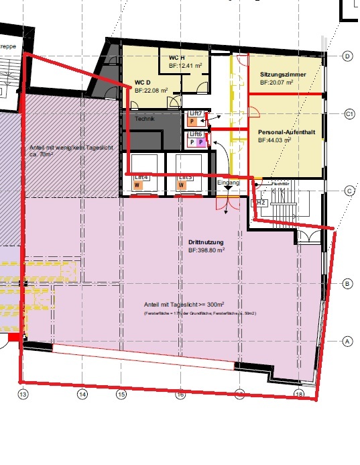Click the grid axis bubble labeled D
(347, 56)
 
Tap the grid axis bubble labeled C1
(349, 115)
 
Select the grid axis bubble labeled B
(347, 283)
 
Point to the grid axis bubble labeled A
(347, 341)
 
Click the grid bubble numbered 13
(23, 395)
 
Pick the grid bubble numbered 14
(82, 395)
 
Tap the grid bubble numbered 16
(180, 395)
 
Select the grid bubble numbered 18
(298, 395)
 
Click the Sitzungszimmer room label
(282, 73)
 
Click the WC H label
(177, 58)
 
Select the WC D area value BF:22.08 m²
(154, 89)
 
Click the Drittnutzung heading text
(206, 242)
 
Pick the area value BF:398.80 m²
(206, 250)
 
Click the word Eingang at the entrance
(229, 183)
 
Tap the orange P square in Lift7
(192, 122)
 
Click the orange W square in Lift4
(137, 184)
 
